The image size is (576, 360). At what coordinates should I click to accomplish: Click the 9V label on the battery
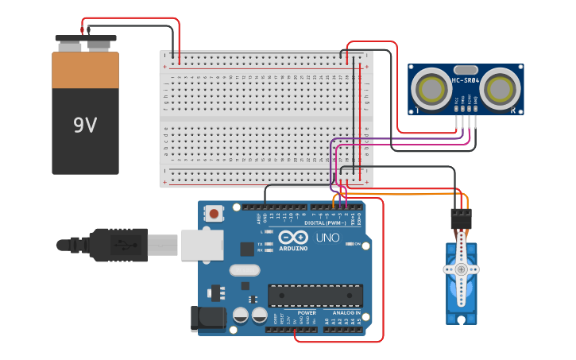coord(85,125)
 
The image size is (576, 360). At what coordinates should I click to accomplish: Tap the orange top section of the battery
coord(85,70)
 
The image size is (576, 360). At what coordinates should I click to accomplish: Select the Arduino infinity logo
coord(292,237)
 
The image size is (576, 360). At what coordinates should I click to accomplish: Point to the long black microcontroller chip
coord(315,296)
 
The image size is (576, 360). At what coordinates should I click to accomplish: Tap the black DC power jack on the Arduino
coord(203,319)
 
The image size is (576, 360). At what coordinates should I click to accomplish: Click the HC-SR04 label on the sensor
coord(466,80)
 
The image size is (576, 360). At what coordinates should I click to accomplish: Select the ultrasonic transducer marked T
coord(431,87)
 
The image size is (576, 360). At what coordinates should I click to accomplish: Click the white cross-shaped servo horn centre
coord(461,269)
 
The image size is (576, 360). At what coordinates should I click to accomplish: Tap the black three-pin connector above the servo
coord(461,219)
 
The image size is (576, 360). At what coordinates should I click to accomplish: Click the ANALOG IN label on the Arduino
coord(346,313)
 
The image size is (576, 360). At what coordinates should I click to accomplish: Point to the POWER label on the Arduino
coord(306,313)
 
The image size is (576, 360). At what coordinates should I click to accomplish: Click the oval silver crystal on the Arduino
coord(245,269)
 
